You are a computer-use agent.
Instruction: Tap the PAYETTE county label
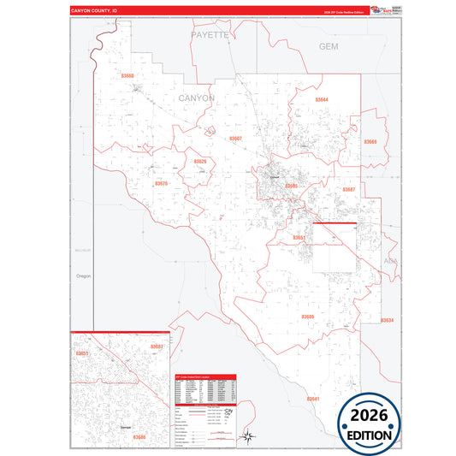pos(210,35)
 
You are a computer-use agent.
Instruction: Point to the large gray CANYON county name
pos(197,98)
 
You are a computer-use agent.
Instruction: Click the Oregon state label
pos(83,276)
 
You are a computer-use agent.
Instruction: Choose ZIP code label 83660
pos(127,76)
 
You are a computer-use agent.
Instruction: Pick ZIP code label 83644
pos(322,100)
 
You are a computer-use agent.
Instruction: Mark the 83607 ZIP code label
pos(235,138)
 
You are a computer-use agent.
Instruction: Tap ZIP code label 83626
pos(199,161)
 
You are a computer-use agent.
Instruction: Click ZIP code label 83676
pos(161,183)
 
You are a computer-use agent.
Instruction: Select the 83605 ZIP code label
pos(292,186)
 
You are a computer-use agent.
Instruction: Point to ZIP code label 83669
pos(370,142)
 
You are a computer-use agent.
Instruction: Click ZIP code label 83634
pos(387,320)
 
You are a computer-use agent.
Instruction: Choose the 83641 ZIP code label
pos(312,399)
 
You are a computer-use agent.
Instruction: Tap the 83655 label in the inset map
pos(82,352)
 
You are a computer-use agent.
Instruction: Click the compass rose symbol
pos(246,437)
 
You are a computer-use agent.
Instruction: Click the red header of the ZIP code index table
pos(205,376)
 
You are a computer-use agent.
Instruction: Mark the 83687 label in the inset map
pos(157,346)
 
